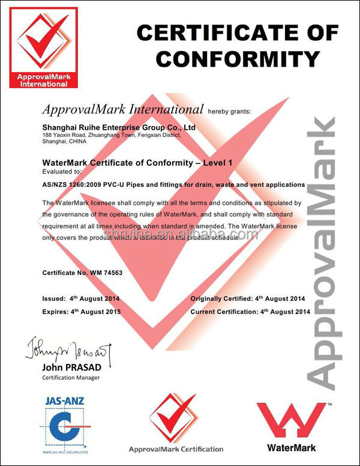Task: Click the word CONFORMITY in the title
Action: [x=238, y=58]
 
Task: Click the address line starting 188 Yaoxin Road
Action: [x=112, y=136]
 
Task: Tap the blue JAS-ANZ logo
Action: [x=65, y=420]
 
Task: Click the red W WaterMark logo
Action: [x=293, y=420]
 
